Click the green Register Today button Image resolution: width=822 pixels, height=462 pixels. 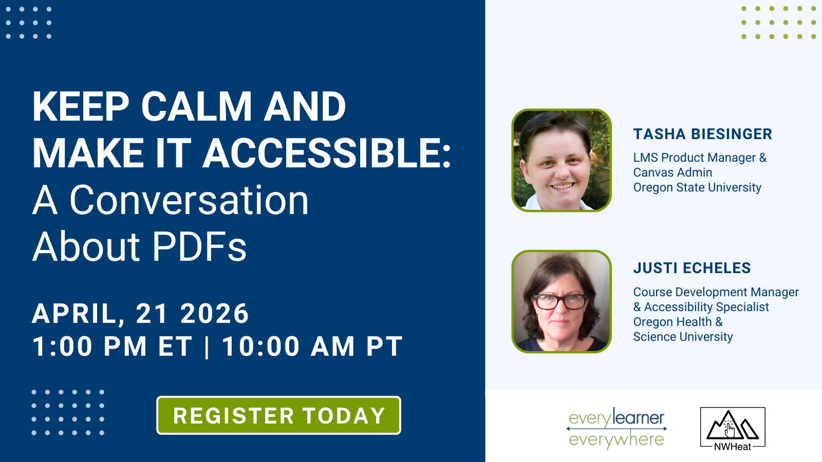click(x=278, y=415)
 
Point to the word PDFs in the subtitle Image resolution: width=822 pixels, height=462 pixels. click(x=199, y=246)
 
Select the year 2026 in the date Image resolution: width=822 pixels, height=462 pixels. click(x=215, y=314)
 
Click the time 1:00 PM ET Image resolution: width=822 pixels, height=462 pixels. click(x=113, y=346)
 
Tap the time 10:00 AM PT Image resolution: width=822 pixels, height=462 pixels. click(x=312, y=346)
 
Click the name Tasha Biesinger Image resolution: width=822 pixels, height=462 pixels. click(x=703, y=134)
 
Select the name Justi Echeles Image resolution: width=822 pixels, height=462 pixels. click(x=692, y=268)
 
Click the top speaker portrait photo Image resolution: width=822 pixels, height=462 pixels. click(x=562, y=160)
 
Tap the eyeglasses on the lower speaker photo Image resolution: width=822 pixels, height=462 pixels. click(x=561, y=302)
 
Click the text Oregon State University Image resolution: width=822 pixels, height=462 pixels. click(x=697, y=187)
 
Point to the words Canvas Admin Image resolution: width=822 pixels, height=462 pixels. click(x=672, y=172)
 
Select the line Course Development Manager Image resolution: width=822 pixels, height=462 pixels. click(x=716, y=292)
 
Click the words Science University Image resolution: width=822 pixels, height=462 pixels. click(x=683, y=337)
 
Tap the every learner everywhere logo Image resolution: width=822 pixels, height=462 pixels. click(x=616, y=428)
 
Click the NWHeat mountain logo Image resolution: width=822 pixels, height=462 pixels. click(x=733, y=429)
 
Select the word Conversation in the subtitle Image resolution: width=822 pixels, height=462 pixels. click(x=190, y=200)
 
